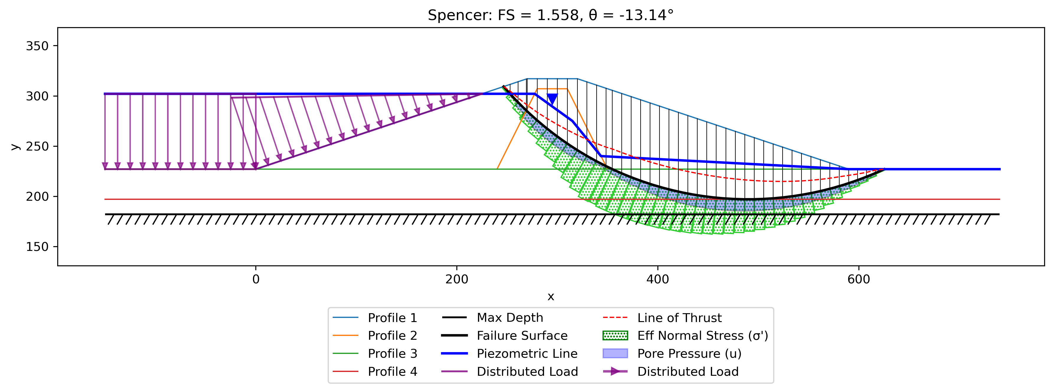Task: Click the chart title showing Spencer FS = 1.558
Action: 550,15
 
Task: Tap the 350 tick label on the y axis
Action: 37,46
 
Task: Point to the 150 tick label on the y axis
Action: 37,247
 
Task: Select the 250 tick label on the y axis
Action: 37,146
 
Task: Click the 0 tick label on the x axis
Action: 256,280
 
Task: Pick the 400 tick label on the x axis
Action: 658,280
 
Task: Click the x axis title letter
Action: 551,297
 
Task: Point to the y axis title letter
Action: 15,146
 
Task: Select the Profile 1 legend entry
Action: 375,318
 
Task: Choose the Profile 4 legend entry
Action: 375,372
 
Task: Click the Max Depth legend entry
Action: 492,318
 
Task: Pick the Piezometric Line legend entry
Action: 509,354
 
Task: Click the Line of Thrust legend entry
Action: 662,318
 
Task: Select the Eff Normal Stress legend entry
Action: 685,336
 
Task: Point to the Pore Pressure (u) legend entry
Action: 672,354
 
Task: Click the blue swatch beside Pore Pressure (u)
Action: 615,354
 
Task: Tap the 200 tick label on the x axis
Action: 457,280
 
